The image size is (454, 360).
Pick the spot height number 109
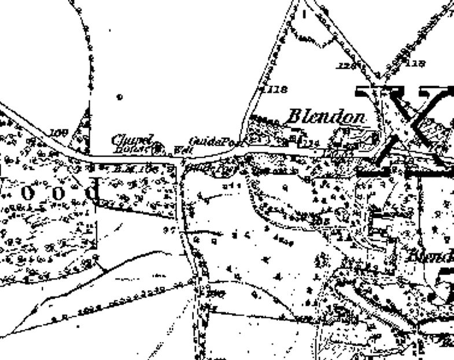58,133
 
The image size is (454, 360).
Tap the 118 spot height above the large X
416,63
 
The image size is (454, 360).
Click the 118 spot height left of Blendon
276,90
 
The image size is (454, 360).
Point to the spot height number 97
169,229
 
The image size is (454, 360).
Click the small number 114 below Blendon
312,142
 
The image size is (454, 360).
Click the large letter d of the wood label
93,191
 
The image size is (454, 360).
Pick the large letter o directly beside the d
58,193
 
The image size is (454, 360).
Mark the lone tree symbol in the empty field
120,97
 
